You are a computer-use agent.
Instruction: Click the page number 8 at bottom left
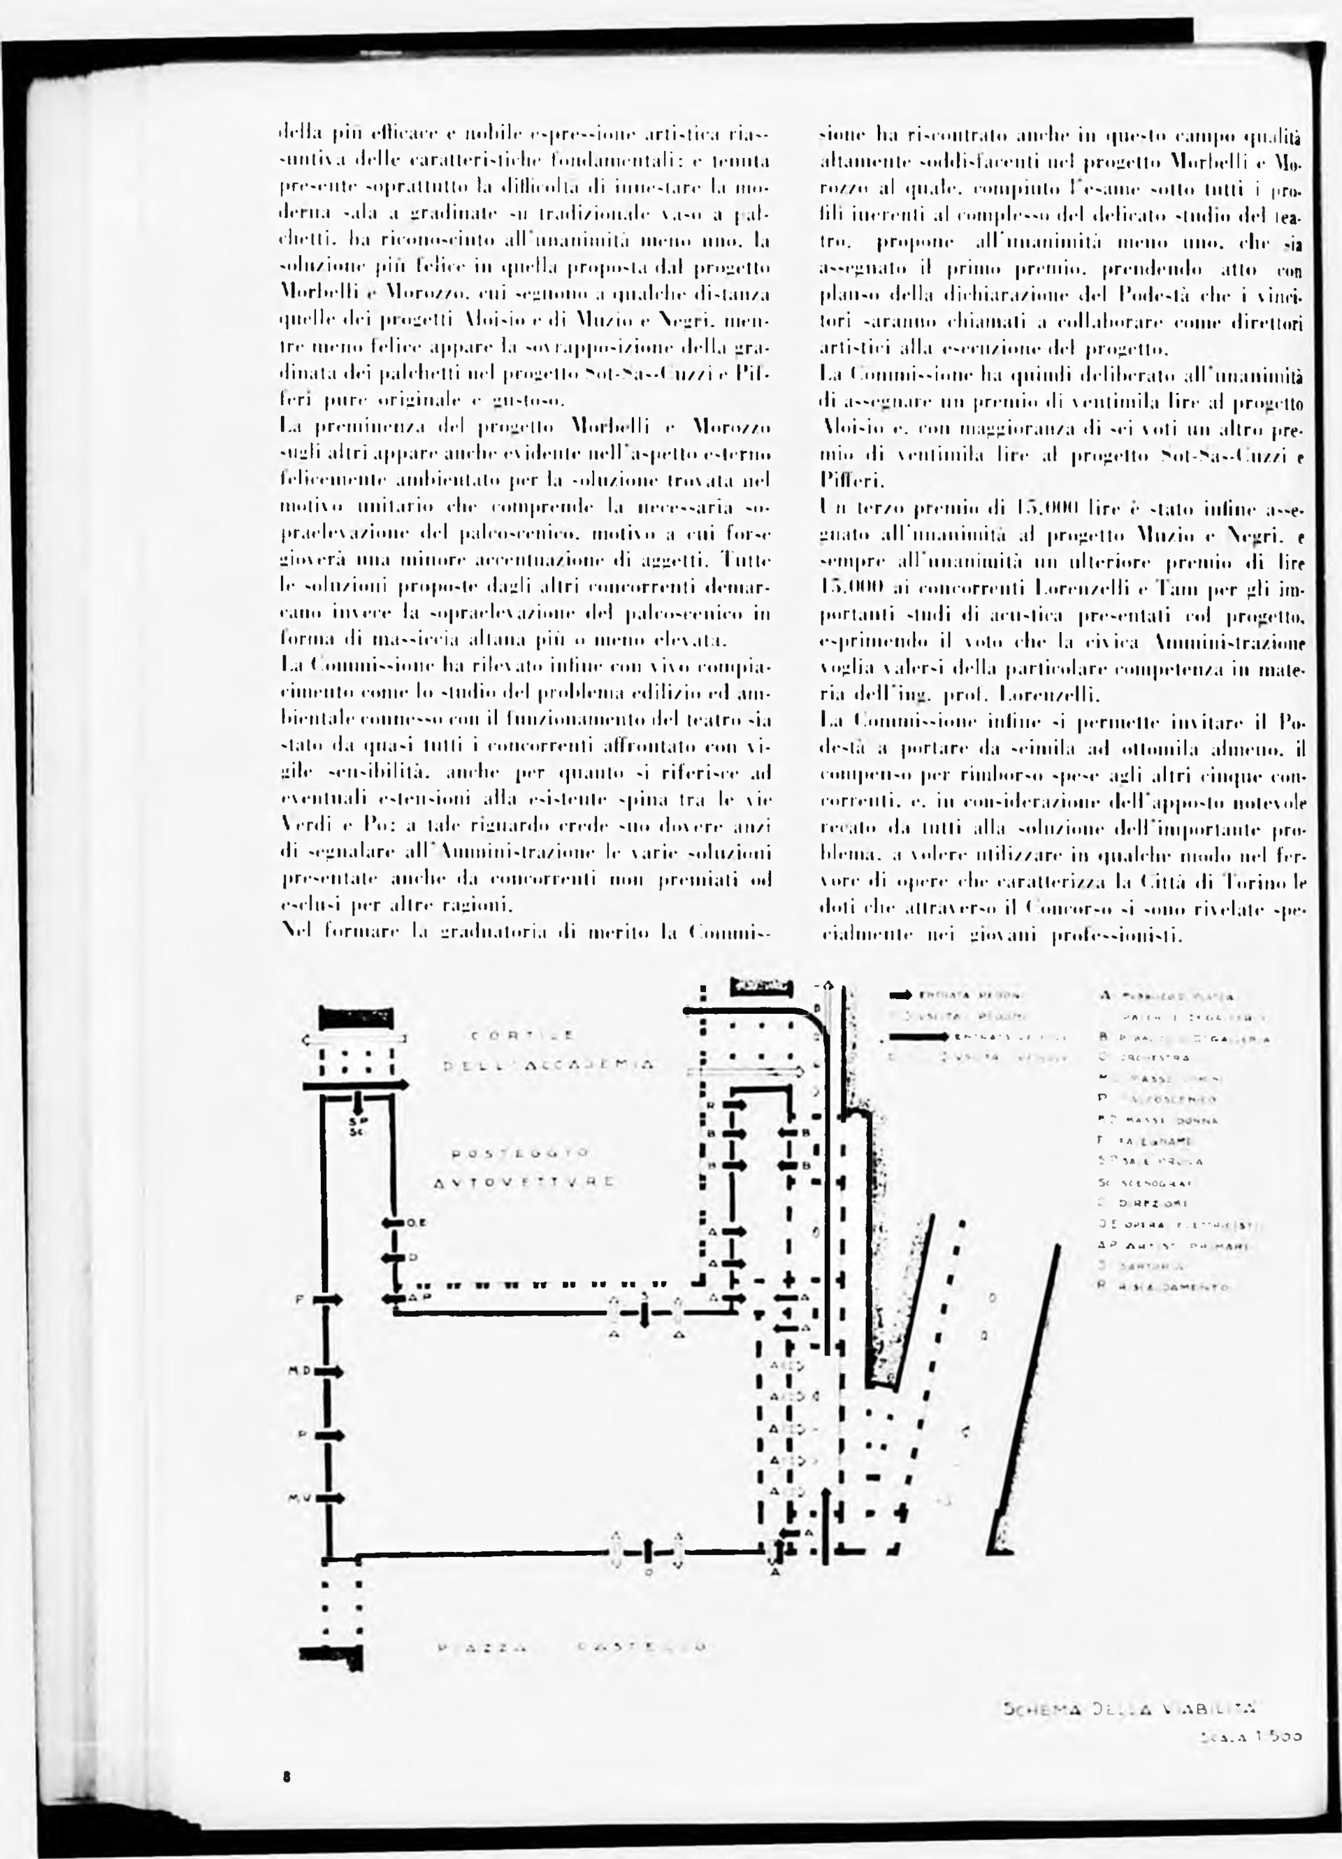coord(286,1777)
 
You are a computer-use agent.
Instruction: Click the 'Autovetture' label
coord(524,1182)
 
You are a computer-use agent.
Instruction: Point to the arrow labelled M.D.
coord(329,1370)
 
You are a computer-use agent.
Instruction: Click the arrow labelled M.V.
coord(329,1497)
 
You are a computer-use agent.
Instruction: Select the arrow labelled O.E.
coord(396,1223)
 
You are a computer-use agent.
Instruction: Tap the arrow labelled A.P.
coord(396,1298)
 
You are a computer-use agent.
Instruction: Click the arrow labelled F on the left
coord(329,1299)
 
